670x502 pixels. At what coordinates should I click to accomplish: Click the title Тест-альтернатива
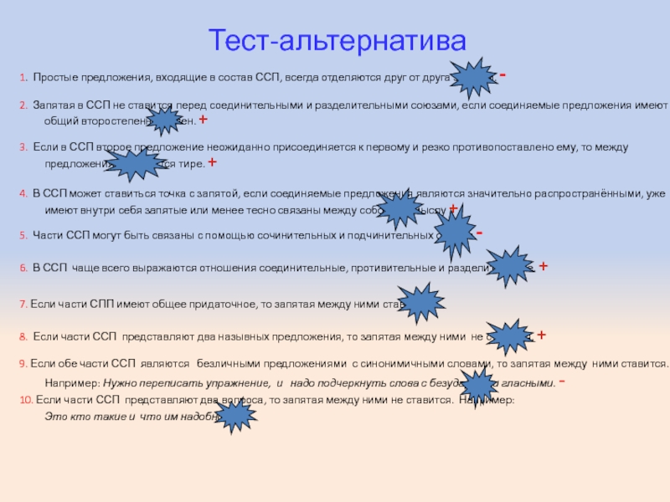tap(335, 40)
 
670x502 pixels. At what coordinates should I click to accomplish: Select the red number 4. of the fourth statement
tap(23, 192)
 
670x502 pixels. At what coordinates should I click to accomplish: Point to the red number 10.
tap(26, 400)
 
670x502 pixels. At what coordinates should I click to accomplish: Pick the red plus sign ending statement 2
tap(203, 120)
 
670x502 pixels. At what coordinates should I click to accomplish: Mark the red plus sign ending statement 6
tap(543, 267)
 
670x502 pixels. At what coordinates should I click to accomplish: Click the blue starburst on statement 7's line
tap(420, 303)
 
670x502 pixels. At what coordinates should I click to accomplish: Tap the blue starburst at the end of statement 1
tap(474, 79)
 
